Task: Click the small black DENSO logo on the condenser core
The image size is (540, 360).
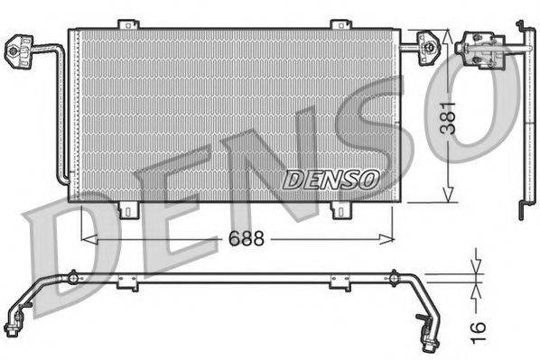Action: tap(331, 180)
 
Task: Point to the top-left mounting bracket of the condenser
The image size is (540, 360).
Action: tap(130, 24)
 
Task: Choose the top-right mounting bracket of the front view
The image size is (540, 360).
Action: tap(340, 24)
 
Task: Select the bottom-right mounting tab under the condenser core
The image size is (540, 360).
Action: tap(340, 210)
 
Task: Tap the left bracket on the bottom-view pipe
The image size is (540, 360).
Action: tap(127, 283)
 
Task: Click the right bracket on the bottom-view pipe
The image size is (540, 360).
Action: tap(340, 283)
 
